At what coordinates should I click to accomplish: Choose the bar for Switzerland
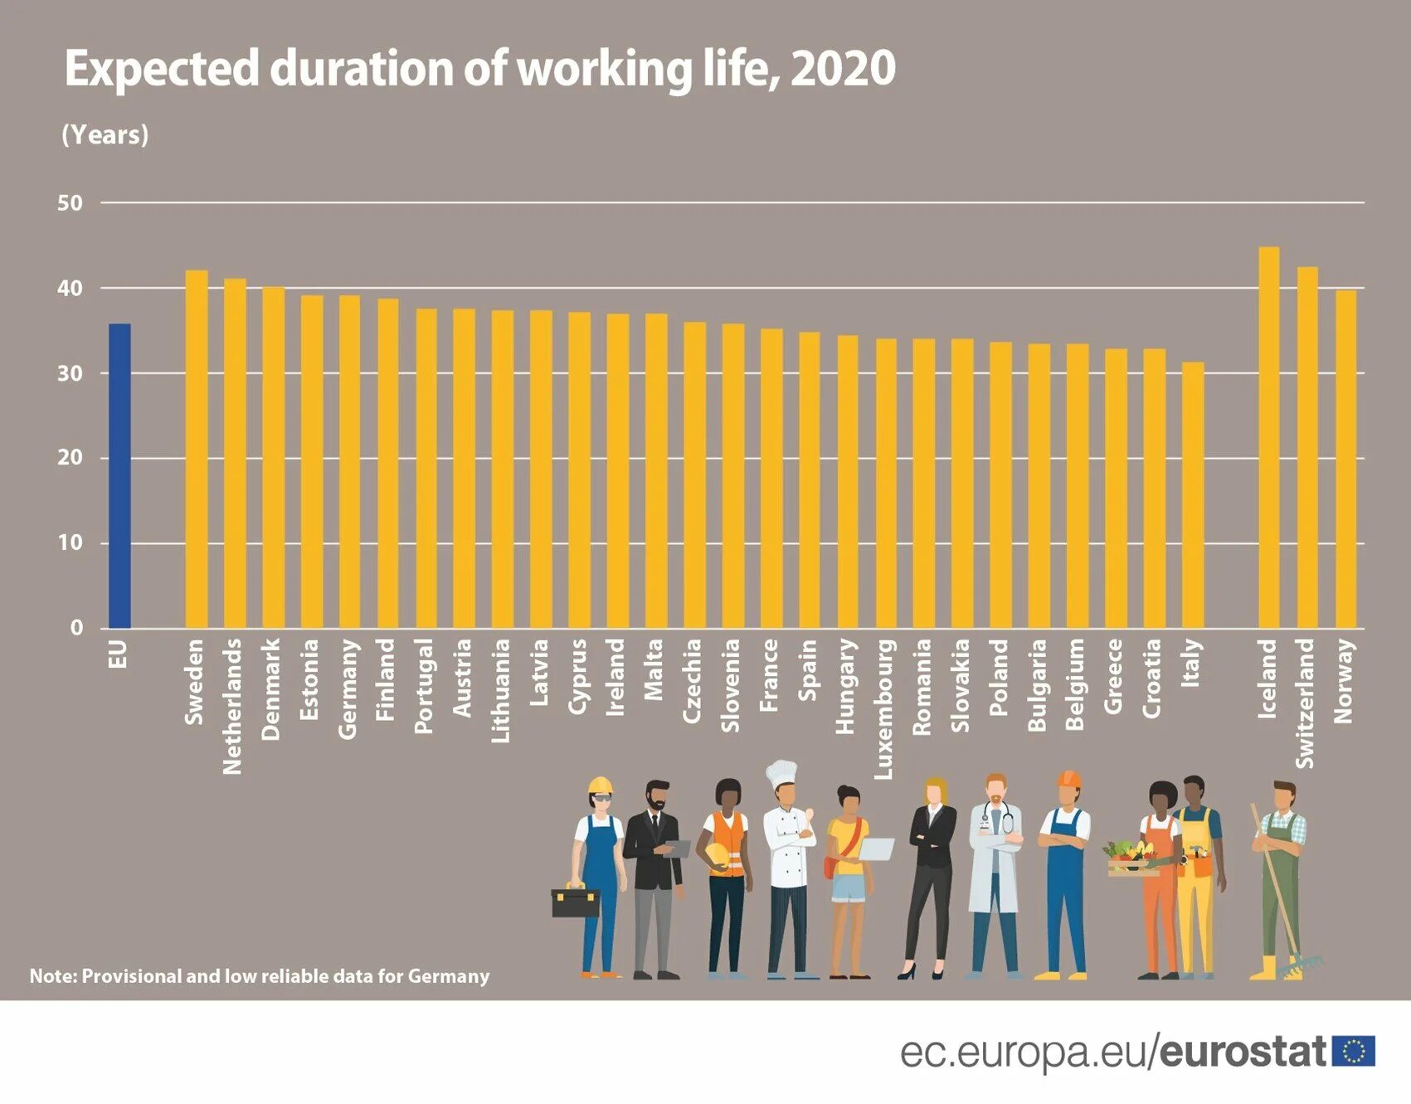coord(1306,447)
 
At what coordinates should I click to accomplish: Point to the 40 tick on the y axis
coord(71,289)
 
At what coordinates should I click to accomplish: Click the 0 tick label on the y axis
coord(76,628)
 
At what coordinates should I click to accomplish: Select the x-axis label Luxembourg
coord(884,709)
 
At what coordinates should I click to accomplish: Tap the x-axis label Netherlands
coord(233,706)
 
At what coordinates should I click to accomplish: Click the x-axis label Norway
coord(1344,681)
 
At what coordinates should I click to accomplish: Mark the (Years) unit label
coord(105,135)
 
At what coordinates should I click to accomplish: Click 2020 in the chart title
coord(843,69)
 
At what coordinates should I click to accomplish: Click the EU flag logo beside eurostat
coord(1353,1051)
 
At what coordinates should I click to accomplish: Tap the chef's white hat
coord(781,774)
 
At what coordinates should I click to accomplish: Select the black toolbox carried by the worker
coord(575,902)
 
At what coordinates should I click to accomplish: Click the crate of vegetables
coord(1132,859)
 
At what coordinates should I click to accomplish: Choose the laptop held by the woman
coord(877,849)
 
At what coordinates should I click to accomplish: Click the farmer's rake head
coord(1302,965)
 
